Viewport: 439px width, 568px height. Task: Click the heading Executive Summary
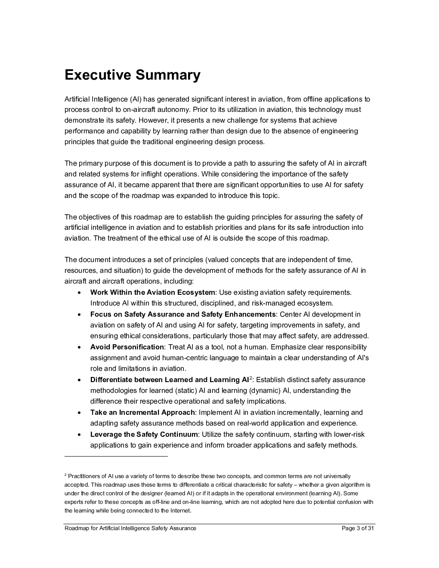click(132, 75)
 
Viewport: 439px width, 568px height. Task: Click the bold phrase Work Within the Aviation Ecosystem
click(152, 293)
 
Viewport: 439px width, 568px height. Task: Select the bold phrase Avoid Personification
click(127, 347)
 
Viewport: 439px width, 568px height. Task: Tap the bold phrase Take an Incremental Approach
click(142, 413)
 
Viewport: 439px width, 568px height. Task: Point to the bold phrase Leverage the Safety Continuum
click(144, 435)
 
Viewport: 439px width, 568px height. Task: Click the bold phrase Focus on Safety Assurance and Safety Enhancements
click(182, 315)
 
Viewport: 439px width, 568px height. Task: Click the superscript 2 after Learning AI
click(251, 378)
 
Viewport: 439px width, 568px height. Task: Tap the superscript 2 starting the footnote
click(65, 475)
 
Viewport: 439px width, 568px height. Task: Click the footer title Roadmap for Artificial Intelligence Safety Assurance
click(130, 528)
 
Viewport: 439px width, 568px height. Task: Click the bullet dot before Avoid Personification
click(80, 347)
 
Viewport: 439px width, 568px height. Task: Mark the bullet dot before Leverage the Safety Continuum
click(80, 435)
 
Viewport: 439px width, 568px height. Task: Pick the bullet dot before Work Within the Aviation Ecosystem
click(80, 293)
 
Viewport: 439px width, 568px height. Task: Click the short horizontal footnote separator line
click(116, 456)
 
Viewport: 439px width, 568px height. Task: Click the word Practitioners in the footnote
click(82, 476)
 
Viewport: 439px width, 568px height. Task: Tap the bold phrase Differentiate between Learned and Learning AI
click(170, 380)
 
